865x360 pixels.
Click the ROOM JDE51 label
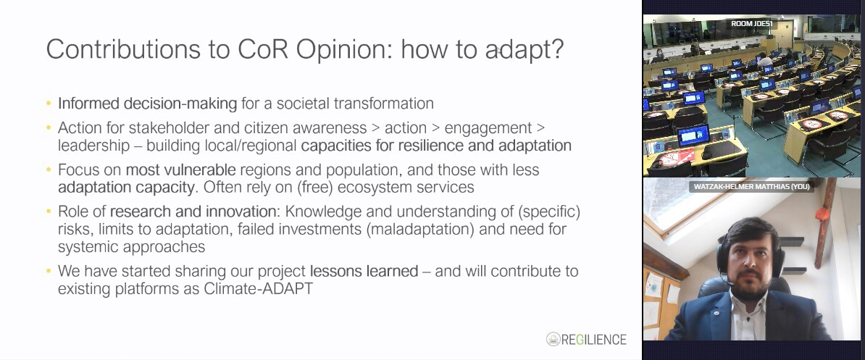coord(751,24)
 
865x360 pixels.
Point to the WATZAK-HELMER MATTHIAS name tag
coord(751,187)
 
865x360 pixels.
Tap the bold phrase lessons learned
coord(364,271)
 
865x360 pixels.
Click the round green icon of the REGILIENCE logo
coord(553,339)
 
